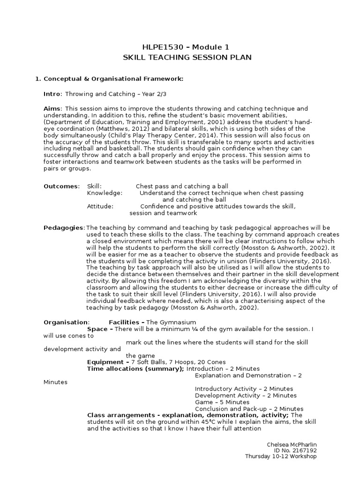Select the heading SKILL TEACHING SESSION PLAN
(180, 57)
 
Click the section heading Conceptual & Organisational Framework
(112, 79)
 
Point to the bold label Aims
(52, 109)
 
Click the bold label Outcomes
(61, 186)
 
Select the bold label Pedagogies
(64, 228)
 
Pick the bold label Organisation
(66, 322)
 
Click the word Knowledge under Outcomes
(105, 193)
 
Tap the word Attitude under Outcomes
(100, 206)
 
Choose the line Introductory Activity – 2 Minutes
(244, 389)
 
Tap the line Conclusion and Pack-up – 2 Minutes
(249, 409)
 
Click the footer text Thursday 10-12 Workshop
(281, 456)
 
